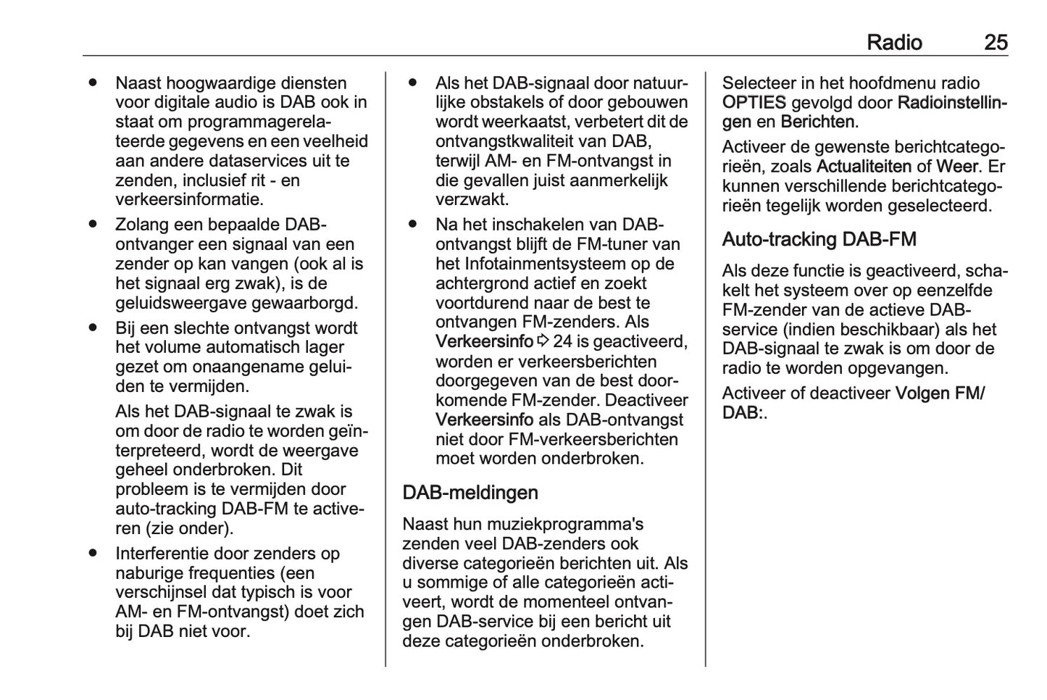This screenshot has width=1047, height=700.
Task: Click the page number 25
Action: tap(996, 43)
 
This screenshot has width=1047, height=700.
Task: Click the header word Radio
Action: tap(894, 43)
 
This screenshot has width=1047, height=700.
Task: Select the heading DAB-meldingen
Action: tap(470, 493)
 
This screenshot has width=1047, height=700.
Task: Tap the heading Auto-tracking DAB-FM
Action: tap(819, 239)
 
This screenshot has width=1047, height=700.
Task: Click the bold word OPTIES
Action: tap(754, 103)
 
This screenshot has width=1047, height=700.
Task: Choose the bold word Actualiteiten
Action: tap(864, 167)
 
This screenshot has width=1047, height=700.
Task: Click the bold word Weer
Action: tap(957, 167)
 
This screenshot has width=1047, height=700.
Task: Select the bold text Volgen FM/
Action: tap(940, 393)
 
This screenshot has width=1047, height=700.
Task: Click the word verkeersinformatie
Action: tap(189, 199)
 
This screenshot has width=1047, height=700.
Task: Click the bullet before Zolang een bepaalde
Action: tap(93, 225)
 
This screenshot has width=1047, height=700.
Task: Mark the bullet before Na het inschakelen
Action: tap(412, 225)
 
